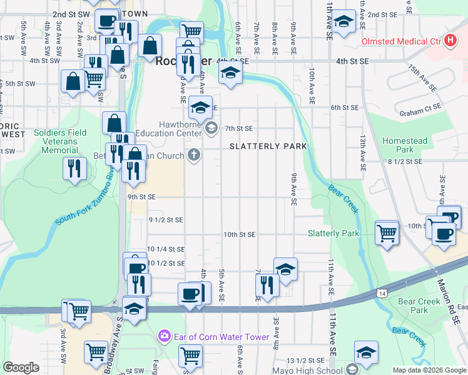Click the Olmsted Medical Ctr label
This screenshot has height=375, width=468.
(401, 42)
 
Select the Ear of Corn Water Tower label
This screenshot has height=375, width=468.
(210, 336)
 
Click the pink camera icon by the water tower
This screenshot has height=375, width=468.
(164, 336)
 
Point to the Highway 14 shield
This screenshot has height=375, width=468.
(381, 293)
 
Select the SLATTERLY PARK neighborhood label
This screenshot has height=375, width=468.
(268, 146)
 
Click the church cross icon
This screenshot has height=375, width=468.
(195, 155)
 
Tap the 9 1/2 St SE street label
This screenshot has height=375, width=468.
(166, 219)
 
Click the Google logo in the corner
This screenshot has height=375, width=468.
(21, 367)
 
